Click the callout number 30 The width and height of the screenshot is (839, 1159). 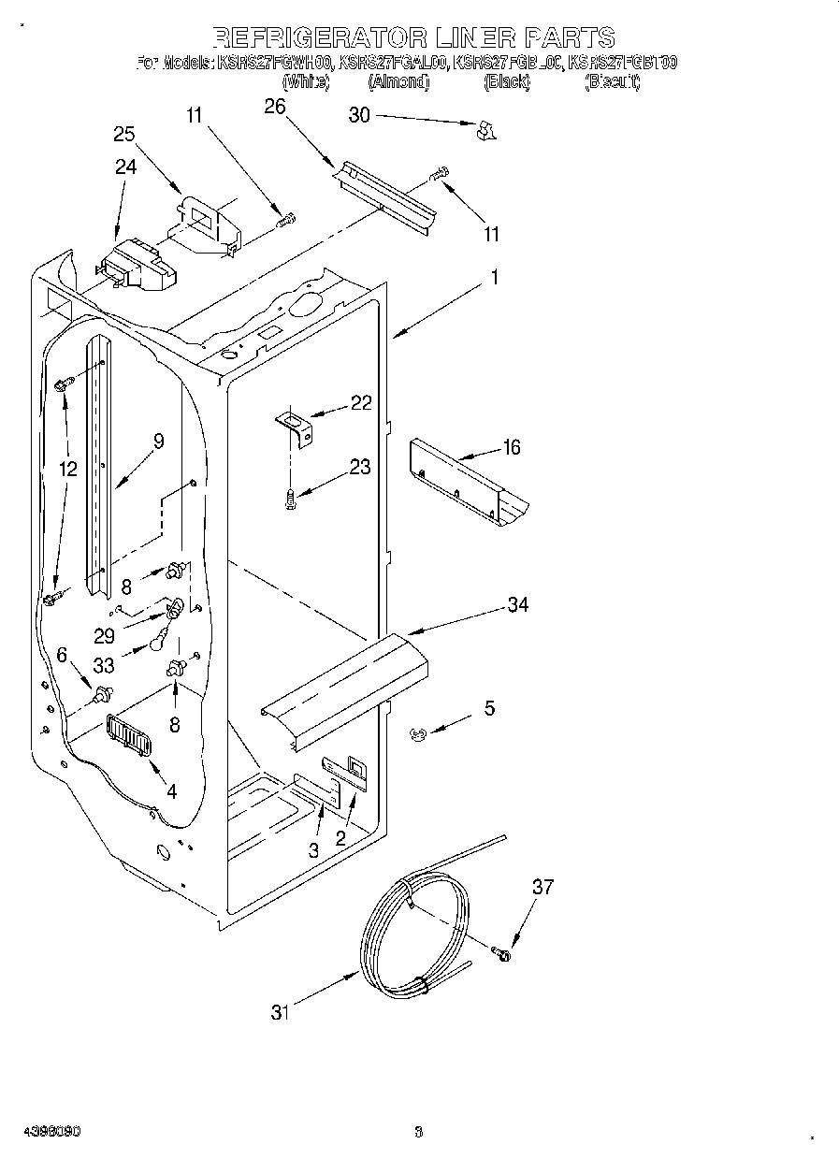point(359,115)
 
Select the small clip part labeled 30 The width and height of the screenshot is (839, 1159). point(485,131)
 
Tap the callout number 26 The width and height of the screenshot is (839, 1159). point(274,107)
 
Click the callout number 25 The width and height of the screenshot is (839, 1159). point(124,134)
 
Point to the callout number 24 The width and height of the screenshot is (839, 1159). point(125,167)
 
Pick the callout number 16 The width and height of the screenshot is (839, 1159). point(511,447)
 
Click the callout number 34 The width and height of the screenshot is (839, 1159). point(517,604)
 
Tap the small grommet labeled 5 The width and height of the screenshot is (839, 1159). point(417,735)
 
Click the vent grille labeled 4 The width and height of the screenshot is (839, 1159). point(129,734)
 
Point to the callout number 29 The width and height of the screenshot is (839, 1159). point(104,635)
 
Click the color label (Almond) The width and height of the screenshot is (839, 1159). point(398,82)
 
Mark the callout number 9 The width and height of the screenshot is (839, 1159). point(158,442)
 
